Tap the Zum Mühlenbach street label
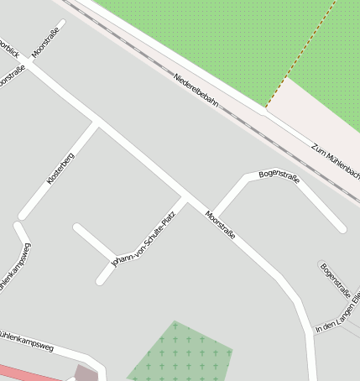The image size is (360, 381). coord(336,160)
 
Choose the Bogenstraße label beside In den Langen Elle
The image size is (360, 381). coord(335,279)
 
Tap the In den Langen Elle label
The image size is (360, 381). coord(338,316)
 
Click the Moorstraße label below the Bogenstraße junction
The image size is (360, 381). coord(220,225)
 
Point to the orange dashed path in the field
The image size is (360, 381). coord(303,53)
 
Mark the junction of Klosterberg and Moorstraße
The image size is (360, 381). coord(97,123)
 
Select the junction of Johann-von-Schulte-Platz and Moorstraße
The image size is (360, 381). coord(185,199)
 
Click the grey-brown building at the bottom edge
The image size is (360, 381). coord(86,373)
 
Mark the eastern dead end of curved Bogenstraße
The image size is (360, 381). coord(342,227)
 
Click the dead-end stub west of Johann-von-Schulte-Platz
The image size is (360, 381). coord(77,227)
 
